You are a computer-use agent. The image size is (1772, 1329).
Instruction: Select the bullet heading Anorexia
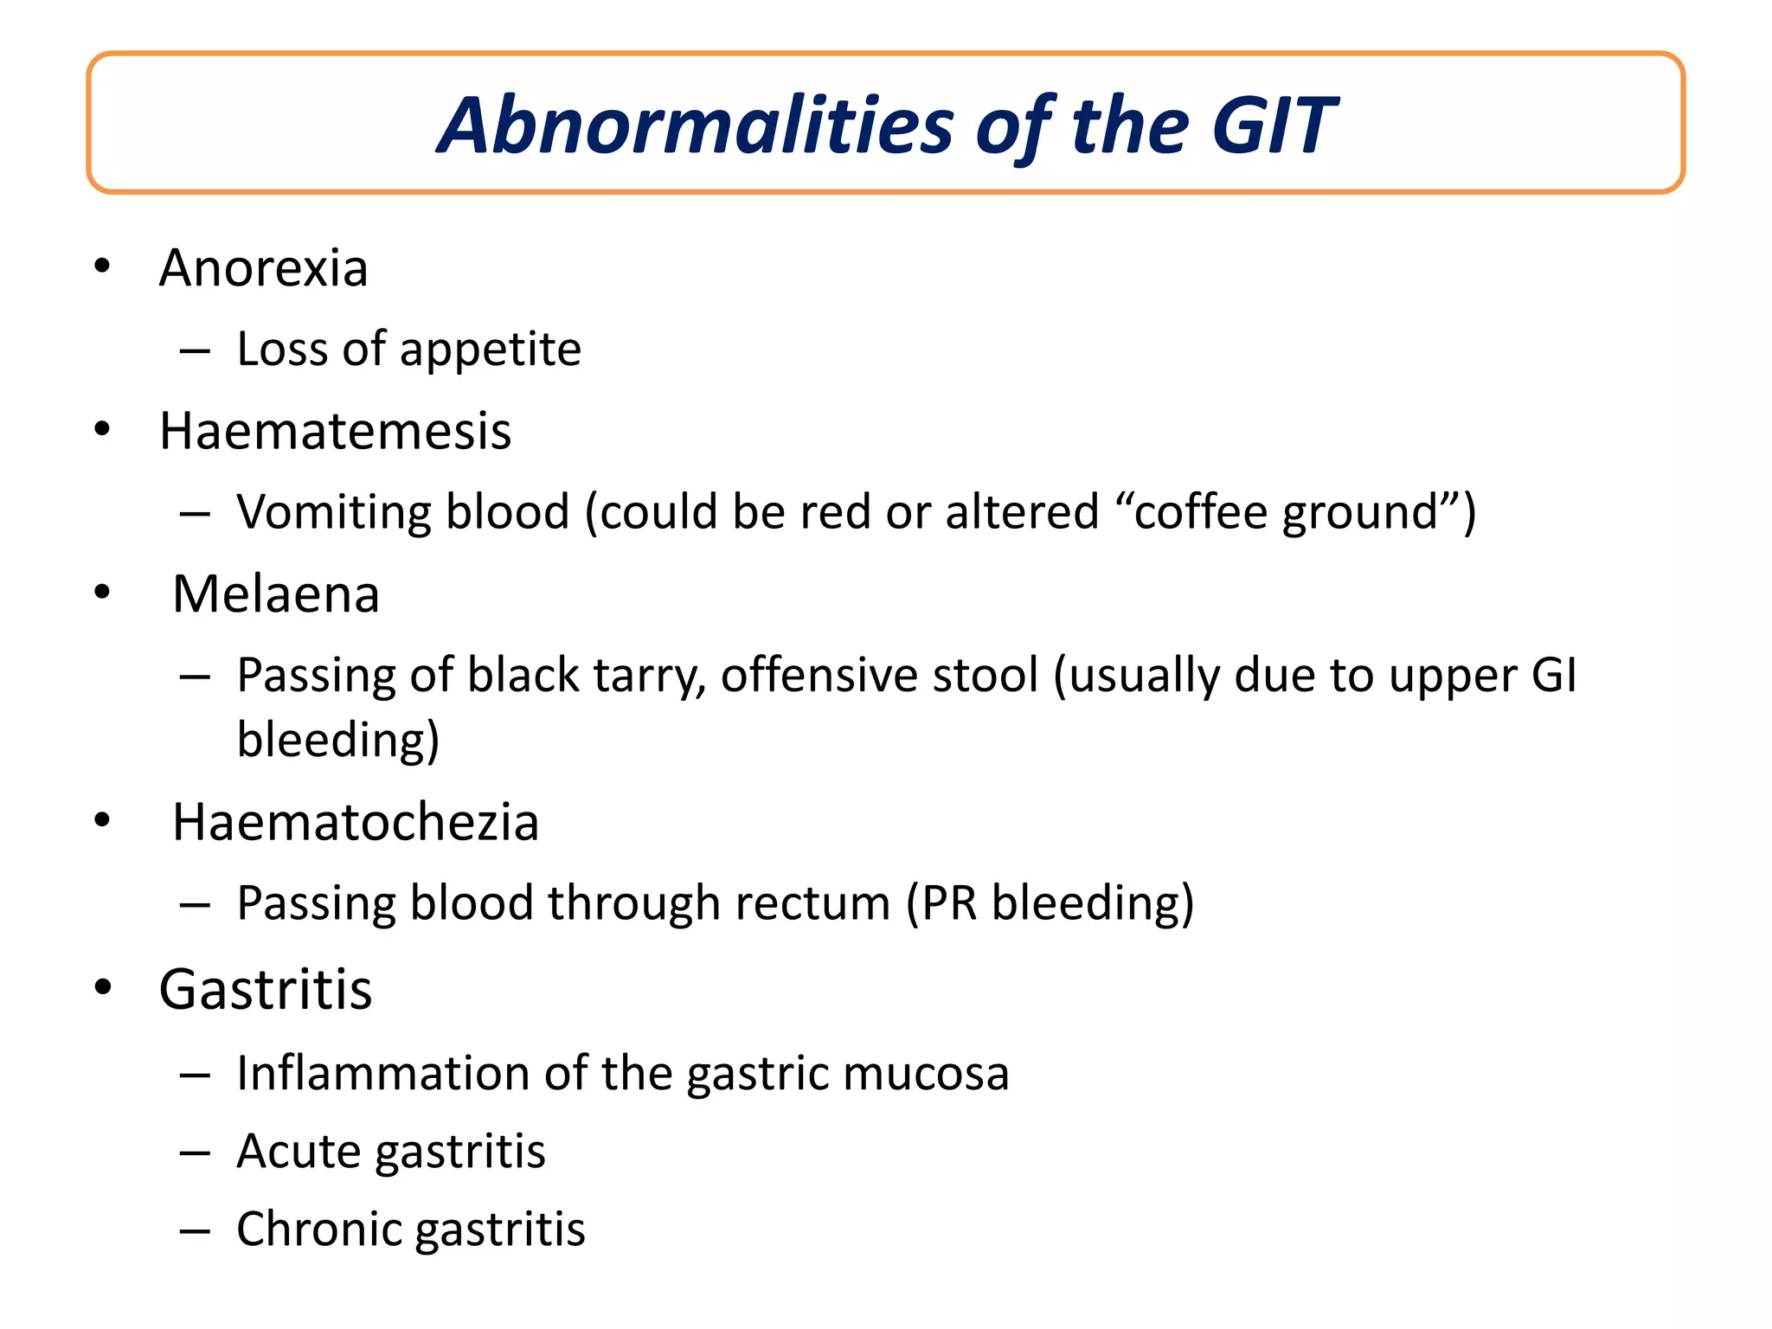click(x=263, y=268)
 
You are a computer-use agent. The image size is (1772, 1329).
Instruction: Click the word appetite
click(x=490, y=350)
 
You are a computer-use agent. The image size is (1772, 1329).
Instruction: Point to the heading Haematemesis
click(x=335, y=431)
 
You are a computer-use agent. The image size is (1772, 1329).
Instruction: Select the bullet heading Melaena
click(x=276, y=594)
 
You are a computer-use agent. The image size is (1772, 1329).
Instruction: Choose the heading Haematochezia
click(x=355, y=822)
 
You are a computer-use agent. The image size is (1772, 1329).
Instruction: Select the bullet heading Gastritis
click(x=265, y=989)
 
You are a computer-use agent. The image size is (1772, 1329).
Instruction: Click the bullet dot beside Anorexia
click(x=102, y=266)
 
